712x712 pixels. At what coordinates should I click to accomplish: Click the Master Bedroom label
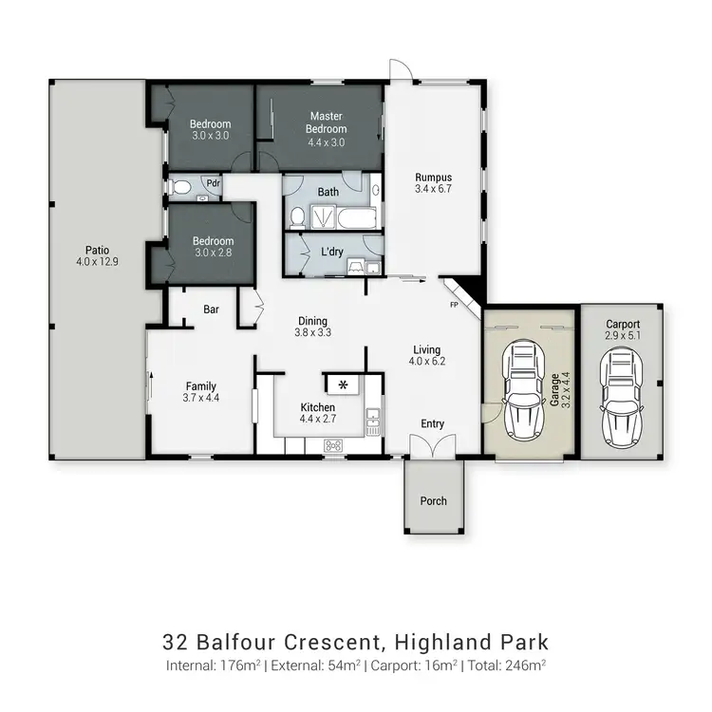coord(327,122)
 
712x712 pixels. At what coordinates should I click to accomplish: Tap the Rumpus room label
coord(433,178)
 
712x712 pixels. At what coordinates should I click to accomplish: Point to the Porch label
coord(433,500)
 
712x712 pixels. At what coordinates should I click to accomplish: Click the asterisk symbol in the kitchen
coord(343,384)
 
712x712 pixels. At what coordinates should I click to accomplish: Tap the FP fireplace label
coord(454,306)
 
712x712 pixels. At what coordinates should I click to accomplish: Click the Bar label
coord(213,309)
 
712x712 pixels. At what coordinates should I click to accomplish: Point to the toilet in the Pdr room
coord(181,187)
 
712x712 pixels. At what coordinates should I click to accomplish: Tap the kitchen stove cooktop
coord(333,444)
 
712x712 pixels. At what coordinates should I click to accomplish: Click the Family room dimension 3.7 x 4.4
coord(201,399)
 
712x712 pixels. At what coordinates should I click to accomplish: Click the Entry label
coord(433,424)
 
